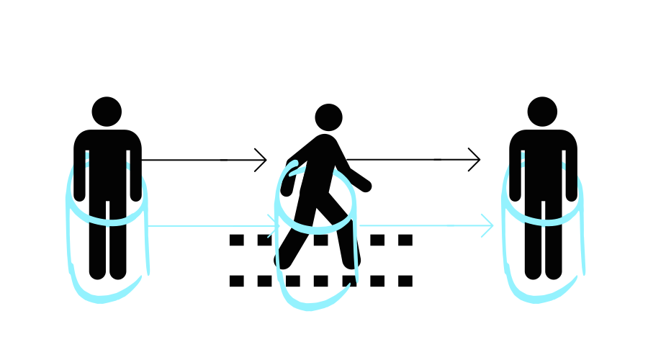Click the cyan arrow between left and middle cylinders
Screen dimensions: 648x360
tap(209, 225)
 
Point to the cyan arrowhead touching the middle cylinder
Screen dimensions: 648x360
tap(274, 225)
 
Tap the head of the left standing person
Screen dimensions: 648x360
tap(106, 112)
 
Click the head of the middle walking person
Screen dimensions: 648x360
tap(328, 117)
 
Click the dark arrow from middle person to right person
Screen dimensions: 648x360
tap(418, 159)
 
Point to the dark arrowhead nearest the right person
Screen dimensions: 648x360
tap(475, 159)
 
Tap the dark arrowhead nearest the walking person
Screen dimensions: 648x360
tap(263, 160)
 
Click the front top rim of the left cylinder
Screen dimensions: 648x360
tap(107, 220)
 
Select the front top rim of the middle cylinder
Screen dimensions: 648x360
tap(317, 229)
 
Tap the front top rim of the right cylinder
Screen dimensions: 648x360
tap(544, 220)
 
